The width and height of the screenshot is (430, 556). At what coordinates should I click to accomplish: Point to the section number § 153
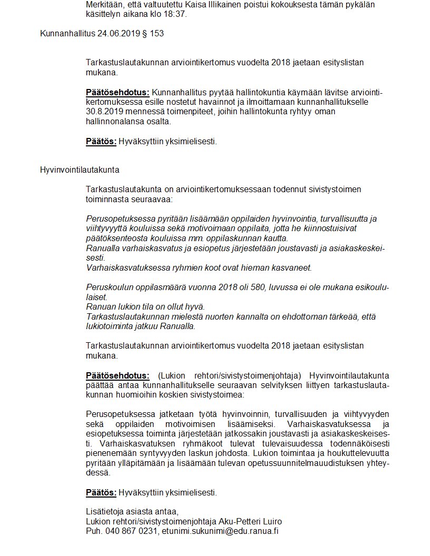(x=154, y=34)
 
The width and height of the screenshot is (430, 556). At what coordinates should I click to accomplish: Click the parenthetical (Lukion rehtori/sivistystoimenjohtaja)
(x=225, y=375)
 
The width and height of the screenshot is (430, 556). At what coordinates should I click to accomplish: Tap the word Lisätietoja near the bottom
(x=105, y=512)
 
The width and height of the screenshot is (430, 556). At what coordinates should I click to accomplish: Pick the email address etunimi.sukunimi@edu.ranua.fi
(x=220, y=531)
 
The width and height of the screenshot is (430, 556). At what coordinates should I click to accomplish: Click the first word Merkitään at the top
(x=104, y=5)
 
